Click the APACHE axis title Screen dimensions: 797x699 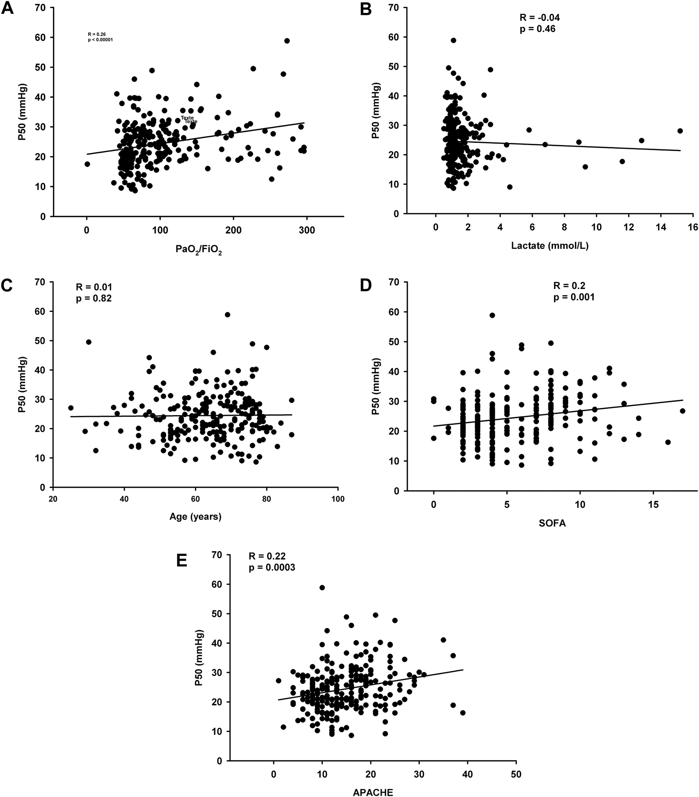[373, 791]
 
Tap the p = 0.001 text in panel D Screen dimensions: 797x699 [574, 297]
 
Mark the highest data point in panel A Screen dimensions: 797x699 [287, 41]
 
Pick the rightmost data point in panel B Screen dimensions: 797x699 [680, 131]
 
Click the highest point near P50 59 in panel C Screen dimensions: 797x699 [227, 314]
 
